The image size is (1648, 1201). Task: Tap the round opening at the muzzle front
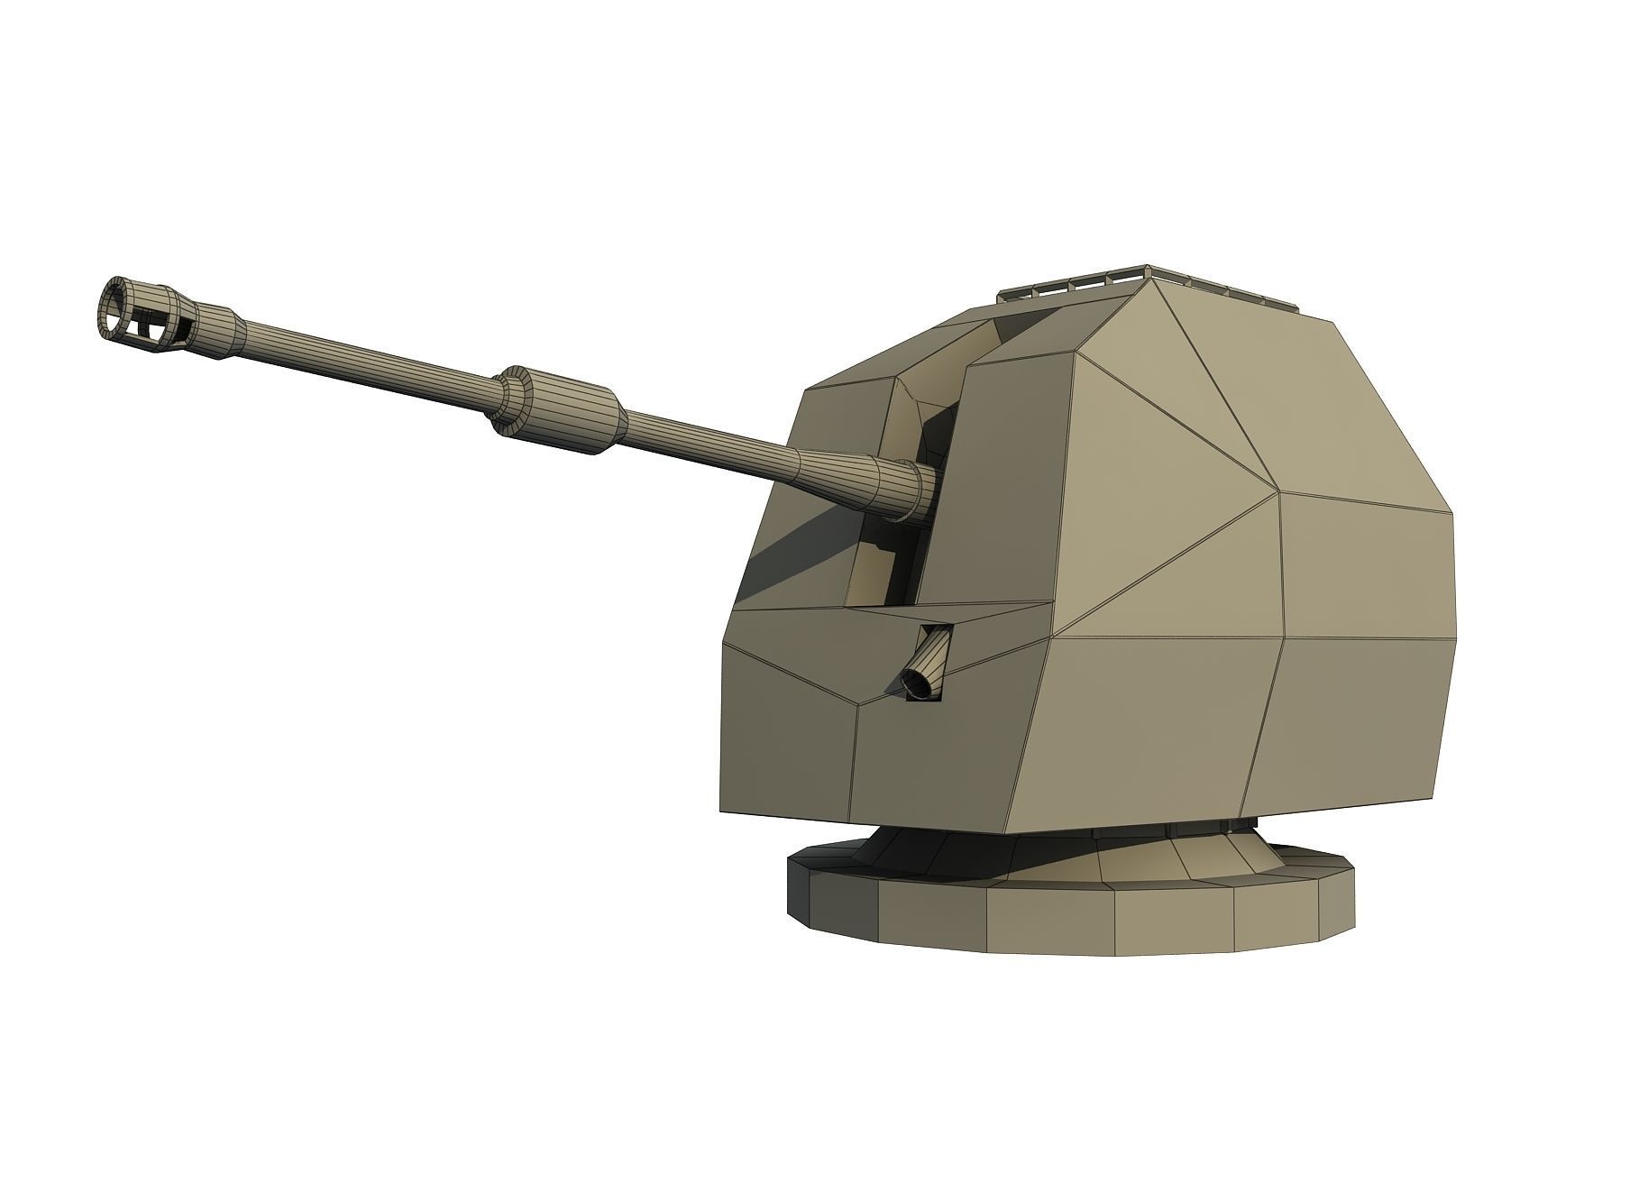click(114, 307)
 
